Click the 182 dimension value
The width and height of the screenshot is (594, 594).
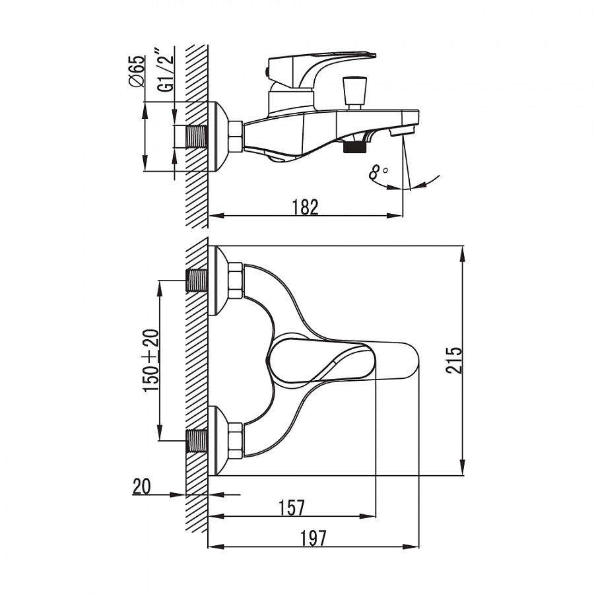[x=306, y=207]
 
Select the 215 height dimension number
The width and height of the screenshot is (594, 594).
[x=454, y=360]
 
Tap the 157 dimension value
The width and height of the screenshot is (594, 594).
[x=292, y=508]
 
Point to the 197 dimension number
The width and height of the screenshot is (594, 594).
[x=313, y=538]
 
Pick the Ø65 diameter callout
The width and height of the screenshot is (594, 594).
[x=137, y=71]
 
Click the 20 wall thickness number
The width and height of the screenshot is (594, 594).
[x=142, y=486]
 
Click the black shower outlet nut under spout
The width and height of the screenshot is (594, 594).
[x=355, y=147]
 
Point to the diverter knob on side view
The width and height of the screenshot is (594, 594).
[x=354, y=92]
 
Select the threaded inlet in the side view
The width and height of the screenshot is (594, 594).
[x=197, y=136]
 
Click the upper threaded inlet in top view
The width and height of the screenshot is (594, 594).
[x=197, y=280]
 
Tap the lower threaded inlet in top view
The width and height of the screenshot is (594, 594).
[x=197, y=440]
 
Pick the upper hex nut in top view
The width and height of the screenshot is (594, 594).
[x=236, y=280]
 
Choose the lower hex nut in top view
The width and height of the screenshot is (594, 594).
[x=236, y=440]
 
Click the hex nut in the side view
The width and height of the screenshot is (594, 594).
[x=236, y=137]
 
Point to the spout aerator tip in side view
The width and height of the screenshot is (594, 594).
[x=403, y=132]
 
